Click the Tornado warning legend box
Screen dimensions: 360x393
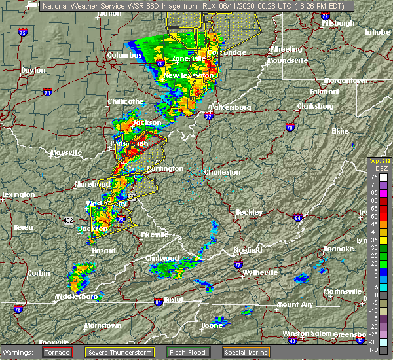click(58, 351)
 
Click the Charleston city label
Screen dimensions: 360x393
click(223, 173)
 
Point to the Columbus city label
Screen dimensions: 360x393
click(124, 56)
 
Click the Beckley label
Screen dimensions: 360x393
click(250, 212)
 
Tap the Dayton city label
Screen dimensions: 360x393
click(33, 70)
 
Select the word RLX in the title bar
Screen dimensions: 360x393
click(209, 5)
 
